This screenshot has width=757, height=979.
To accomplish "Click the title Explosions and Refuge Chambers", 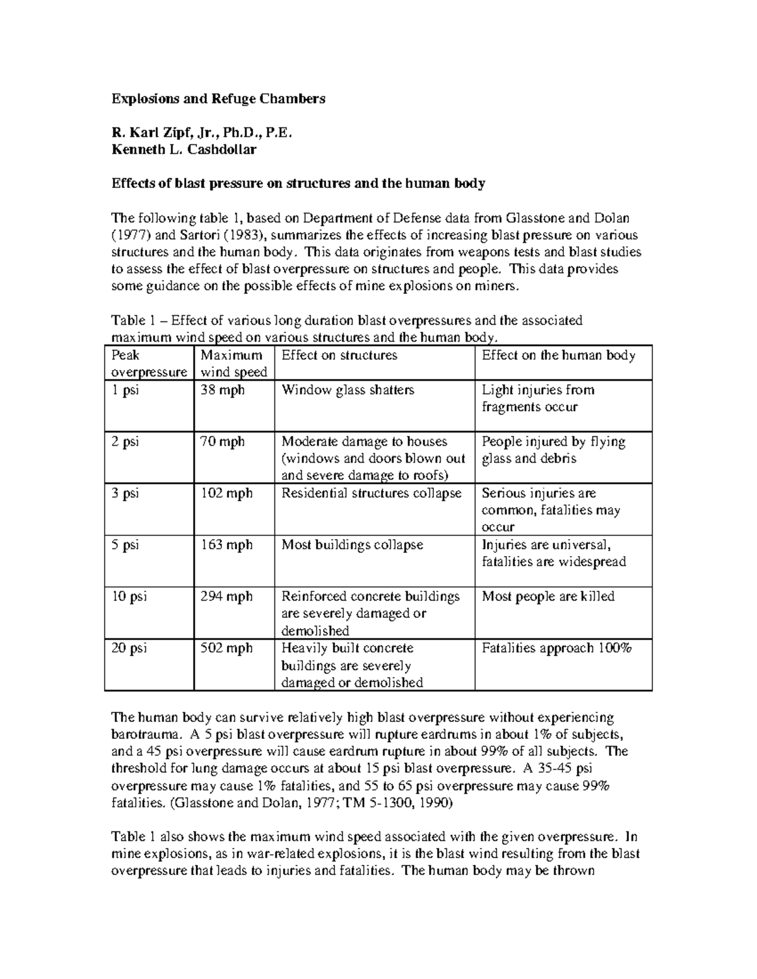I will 218,98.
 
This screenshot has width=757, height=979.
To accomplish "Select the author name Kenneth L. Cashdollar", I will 184,149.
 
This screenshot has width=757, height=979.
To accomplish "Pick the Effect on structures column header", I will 339,356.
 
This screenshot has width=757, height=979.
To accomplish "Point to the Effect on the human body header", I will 558,356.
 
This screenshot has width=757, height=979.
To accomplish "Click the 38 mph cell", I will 222,390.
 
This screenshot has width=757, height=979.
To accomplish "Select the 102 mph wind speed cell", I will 226,494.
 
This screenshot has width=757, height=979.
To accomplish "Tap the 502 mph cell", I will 226,648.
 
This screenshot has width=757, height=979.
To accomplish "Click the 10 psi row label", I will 129,596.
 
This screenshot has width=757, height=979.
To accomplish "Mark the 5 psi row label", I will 126,545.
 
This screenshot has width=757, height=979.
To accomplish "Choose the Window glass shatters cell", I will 348,390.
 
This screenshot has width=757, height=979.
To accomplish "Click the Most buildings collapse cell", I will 352,545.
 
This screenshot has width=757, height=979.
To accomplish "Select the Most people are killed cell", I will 548,596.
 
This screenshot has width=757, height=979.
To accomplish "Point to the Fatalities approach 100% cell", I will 556,648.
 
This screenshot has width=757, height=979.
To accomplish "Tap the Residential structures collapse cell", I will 372,494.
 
